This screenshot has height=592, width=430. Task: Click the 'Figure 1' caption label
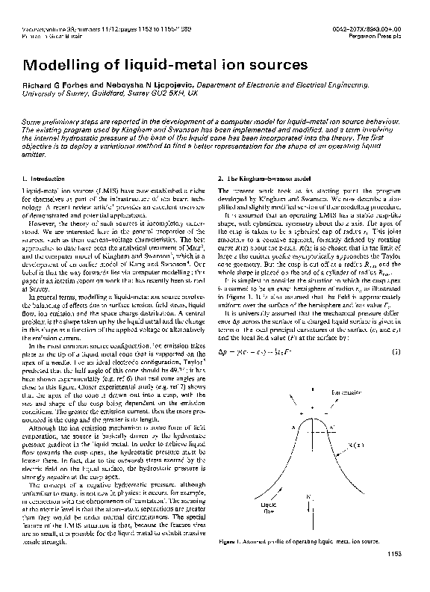click(x=232, y=561)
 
